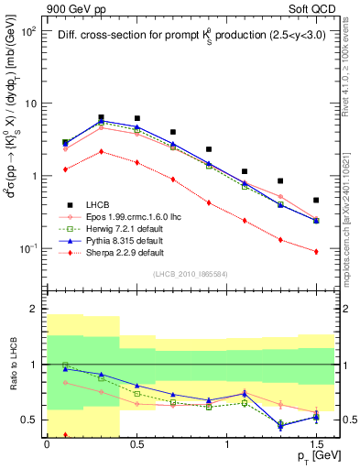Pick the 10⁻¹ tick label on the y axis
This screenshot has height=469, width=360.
[x=28, y=249]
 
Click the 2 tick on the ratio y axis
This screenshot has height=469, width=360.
[x=34, y=310]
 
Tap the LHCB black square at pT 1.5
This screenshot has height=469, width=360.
[x=316, y=200]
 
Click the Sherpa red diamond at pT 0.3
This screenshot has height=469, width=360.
[x=101, y=151]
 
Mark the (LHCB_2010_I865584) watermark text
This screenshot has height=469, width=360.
[x=184, y=273]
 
